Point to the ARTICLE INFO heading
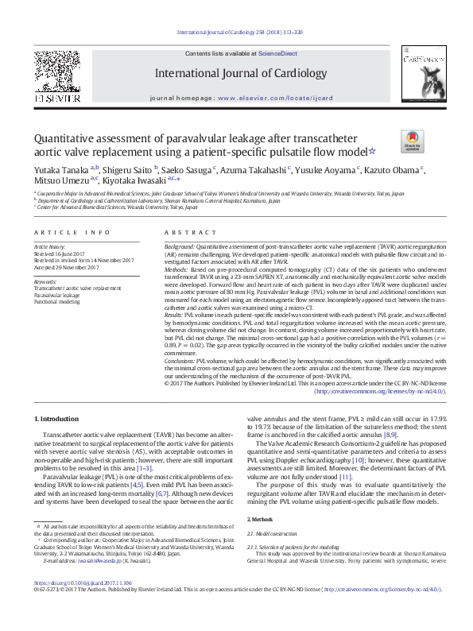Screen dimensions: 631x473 (72, 232)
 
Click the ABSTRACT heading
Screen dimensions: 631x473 (184, 232)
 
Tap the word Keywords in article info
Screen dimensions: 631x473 (45, 281)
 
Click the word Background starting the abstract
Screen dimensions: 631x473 (180, 248)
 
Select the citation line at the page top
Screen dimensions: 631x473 (235, 33)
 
